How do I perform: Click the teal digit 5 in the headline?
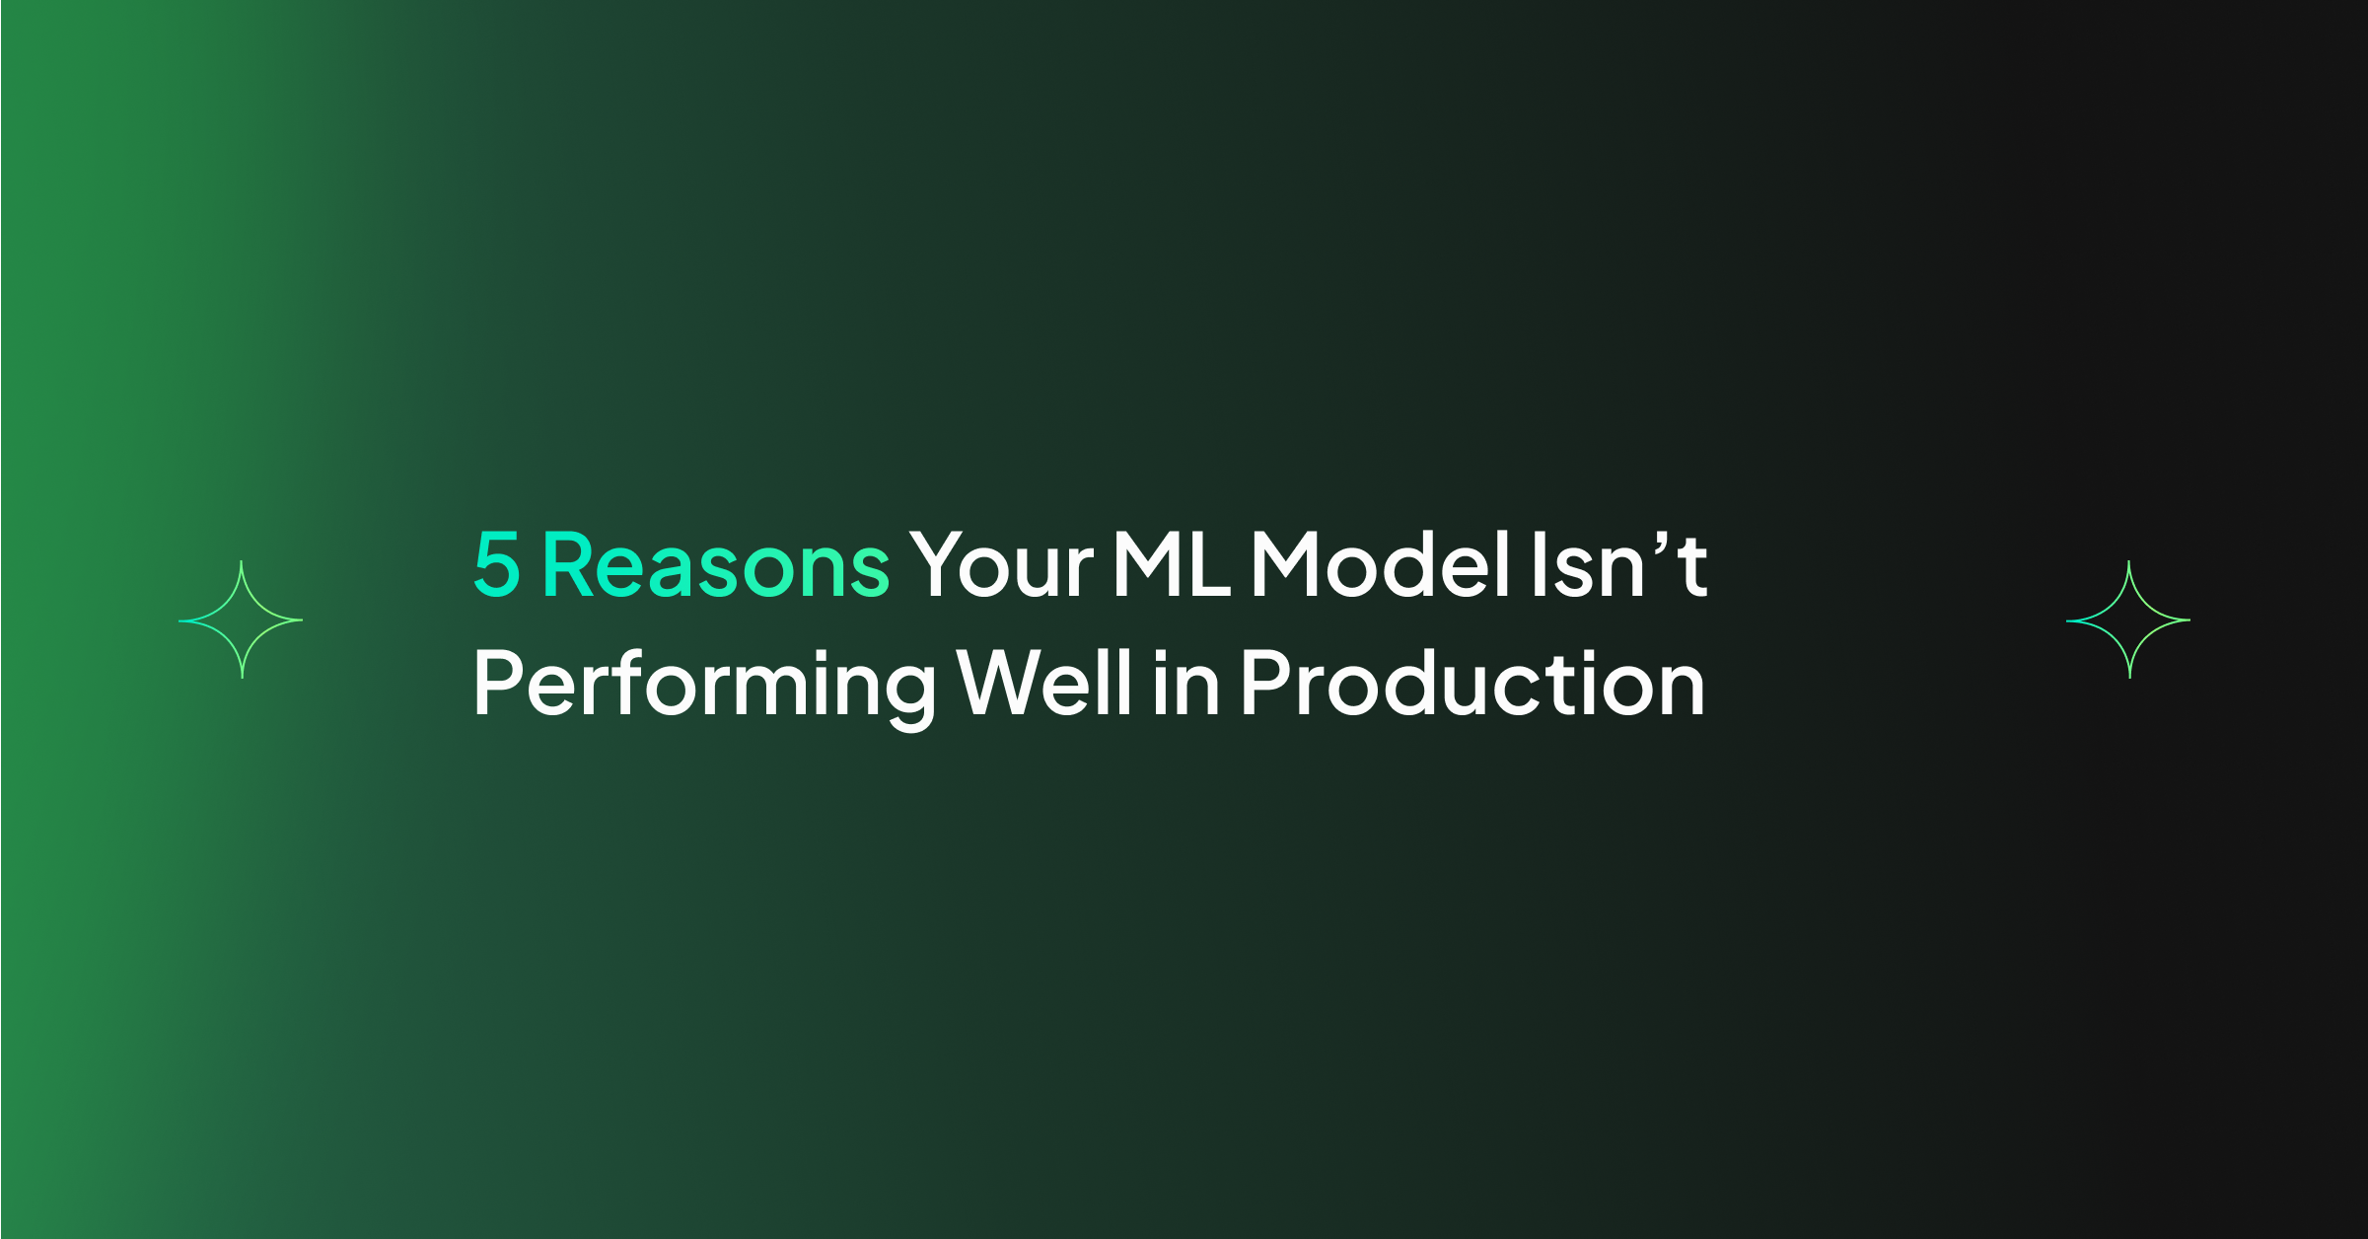497,564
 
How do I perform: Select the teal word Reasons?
717,564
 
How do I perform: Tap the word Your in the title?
1001,564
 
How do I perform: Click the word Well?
1044,682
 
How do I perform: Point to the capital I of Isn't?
1539,564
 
